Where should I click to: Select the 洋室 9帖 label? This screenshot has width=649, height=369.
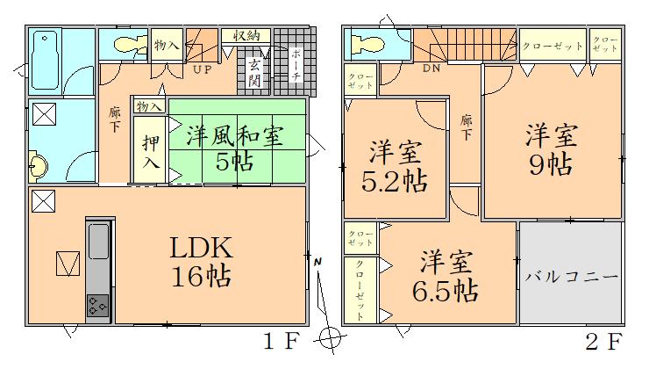(x=550, y=151)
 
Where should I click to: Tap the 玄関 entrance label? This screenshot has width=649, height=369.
(x=255, y=73)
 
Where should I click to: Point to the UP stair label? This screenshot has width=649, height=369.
(x=201, y=69)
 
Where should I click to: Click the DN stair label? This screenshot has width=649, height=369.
(x=431, y=67)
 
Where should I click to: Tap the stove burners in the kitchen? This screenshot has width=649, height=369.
(x=97, y=307)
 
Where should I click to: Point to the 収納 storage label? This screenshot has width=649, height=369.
(x=246, y=36)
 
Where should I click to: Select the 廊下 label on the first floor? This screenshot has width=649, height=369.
(x=114, y=119)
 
